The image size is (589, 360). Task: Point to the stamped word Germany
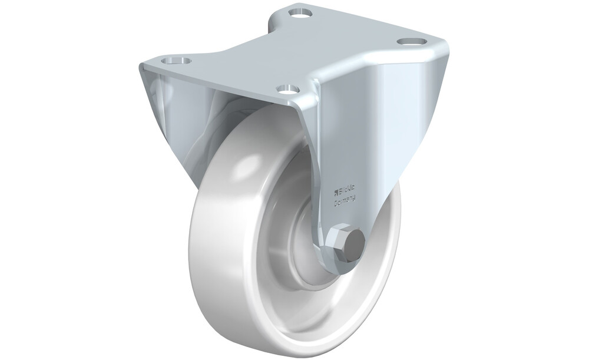click(345, 202)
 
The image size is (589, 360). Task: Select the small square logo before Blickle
click(336, 194)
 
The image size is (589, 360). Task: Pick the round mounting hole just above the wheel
click(287, 89)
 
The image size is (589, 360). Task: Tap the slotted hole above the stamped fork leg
click(412, 41)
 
